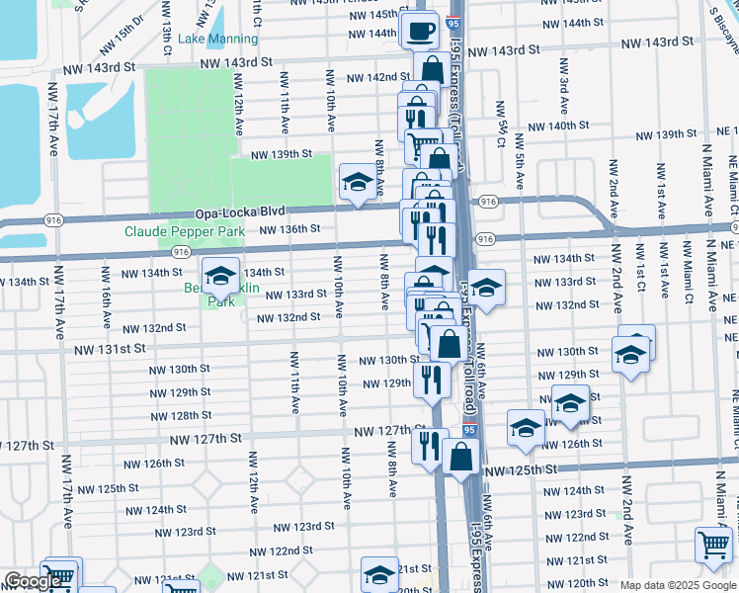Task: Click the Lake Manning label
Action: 218,40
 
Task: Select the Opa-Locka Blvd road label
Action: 240,212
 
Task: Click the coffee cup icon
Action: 422,30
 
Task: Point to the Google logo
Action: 34,581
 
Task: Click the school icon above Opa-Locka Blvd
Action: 357,181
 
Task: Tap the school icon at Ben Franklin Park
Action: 220,276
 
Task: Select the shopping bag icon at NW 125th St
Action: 461,457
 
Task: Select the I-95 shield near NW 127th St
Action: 467,431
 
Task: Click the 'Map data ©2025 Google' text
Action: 677,585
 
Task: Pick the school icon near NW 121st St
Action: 379,573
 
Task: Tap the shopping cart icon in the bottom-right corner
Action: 714,544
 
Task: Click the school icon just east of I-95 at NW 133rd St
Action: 485,288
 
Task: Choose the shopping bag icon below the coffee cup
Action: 432,70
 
